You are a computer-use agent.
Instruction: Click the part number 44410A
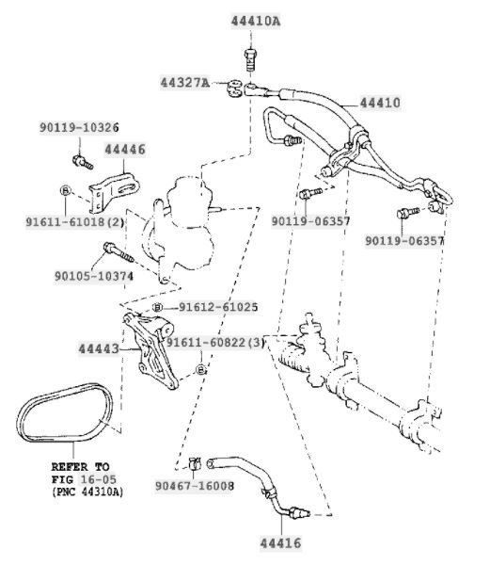click(256, 21)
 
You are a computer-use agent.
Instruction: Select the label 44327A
click(185, 83)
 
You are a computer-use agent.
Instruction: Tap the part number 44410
click(380, 103)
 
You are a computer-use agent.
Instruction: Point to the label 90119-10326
click(79, 127)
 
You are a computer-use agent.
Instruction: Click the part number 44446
click(125, 149)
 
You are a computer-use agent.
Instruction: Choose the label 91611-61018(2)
click(75, 222)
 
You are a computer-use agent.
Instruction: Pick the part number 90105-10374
click(94, 276)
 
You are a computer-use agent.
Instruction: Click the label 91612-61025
click(218, 307)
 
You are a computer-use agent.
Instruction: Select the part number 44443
click(99, 348)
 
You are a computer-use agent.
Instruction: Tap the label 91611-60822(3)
click(215, 342)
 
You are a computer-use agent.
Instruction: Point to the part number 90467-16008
click(195, 486)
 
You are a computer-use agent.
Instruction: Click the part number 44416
click(280, 543)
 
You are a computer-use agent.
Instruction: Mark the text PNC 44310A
click(87, 492)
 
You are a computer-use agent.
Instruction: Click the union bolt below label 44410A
click(250, 60)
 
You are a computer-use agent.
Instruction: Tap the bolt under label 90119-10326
click(83, 162)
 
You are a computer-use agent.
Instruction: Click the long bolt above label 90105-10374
click(119, 251)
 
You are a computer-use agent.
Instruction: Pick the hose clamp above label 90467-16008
click(195, 462)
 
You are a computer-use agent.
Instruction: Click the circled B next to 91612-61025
click(157, 307)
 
